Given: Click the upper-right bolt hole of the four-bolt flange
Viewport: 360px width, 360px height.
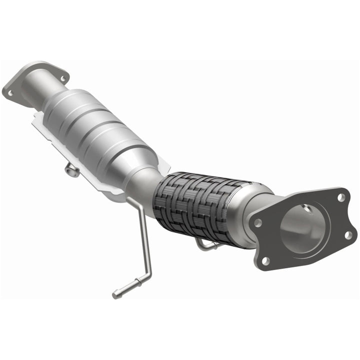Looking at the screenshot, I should click(x=341, y=197).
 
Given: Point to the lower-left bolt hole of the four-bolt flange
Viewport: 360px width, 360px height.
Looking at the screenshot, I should click(x=265, y=260).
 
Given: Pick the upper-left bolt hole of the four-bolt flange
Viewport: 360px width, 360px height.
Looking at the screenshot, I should click(x=258, y=223).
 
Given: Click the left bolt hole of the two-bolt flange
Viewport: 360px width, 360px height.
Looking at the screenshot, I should click(x=9, y=92).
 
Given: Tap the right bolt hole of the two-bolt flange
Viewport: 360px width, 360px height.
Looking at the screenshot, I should click(x=62, y=78).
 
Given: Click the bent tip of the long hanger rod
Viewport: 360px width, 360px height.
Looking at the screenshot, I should click(x=117, y=294).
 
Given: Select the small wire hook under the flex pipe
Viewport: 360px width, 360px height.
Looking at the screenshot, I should click(x=205, y=245).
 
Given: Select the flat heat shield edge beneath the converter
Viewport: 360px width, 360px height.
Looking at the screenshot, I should click(x=55, y=140).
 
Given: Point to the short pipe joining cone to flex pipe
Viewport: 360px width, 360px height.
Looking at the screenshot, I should click(x=150, y=182).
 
